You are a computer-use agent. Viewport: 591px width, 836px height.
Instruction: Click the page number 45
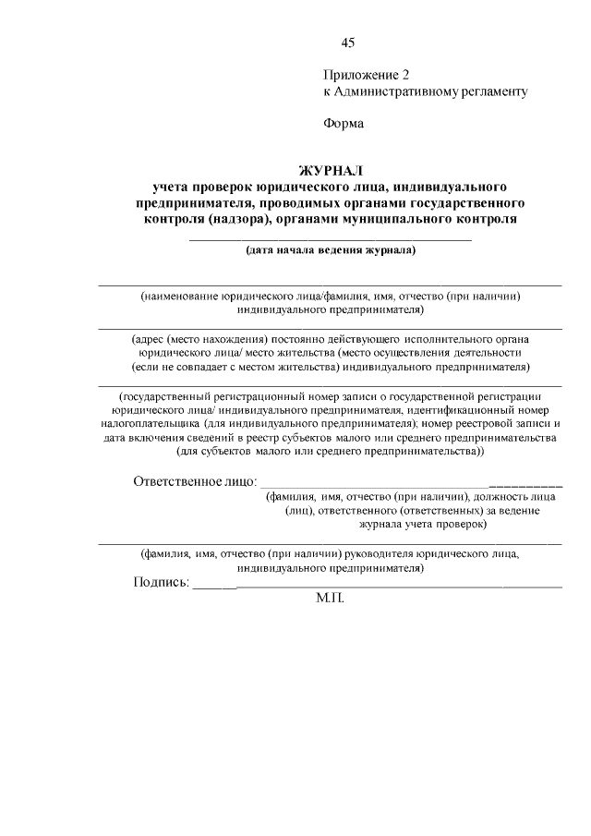[x=348, y=42]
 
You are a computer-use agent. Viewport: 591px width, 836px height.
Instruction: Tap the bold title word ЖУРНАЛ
[x=331, y=169]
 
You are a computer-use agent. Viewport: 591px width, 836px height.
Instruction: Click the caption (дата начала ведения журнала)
[x=331, y=249]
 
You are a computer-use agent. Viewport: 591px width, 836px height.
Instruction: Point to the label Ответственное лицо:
[x=194, y=481]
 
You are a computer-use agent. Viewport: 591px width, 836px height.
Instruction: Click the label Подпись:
[x=162, y=582]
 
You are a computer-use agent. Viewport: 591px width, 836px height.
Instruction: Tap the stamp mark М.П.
[x=330, y=599]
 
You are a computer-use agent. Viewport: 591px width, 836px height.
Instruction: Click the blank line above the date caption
[x=331, y=239]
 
